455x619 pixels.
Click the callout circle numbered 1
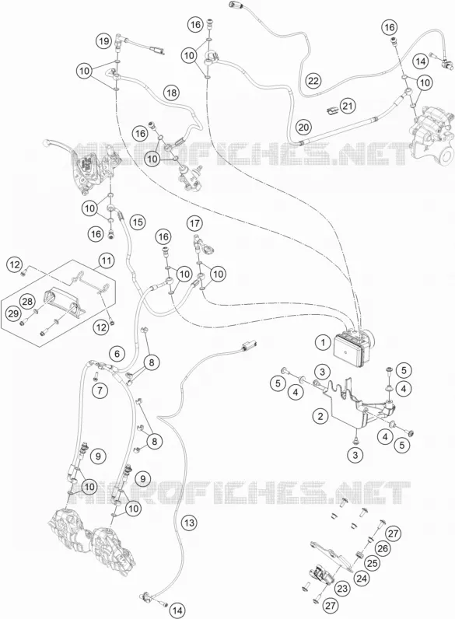(x=323, y=342)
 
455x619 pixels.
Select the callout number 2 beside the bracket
(x=320, y=416)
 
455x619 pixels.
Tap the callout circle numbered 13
(x=190, y=523)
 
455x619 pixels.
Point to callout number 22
(x=313, y=82)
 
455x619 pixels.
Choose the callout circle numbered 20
(x=303, y=128)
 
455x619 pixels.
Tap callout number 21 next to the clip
(x=348, y=106)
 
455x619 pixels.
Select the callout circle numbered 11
(x=106, y=261)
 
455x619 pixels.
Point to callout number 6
(x=117, y=353)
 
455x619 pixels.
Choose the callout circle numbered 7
(x=100, y=391)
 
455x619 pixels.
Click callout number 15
(x=137, y=222)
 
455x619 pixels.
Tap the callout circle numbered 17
(x=194, y=223)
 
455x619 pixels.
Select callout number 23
(x=343, y=589)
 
